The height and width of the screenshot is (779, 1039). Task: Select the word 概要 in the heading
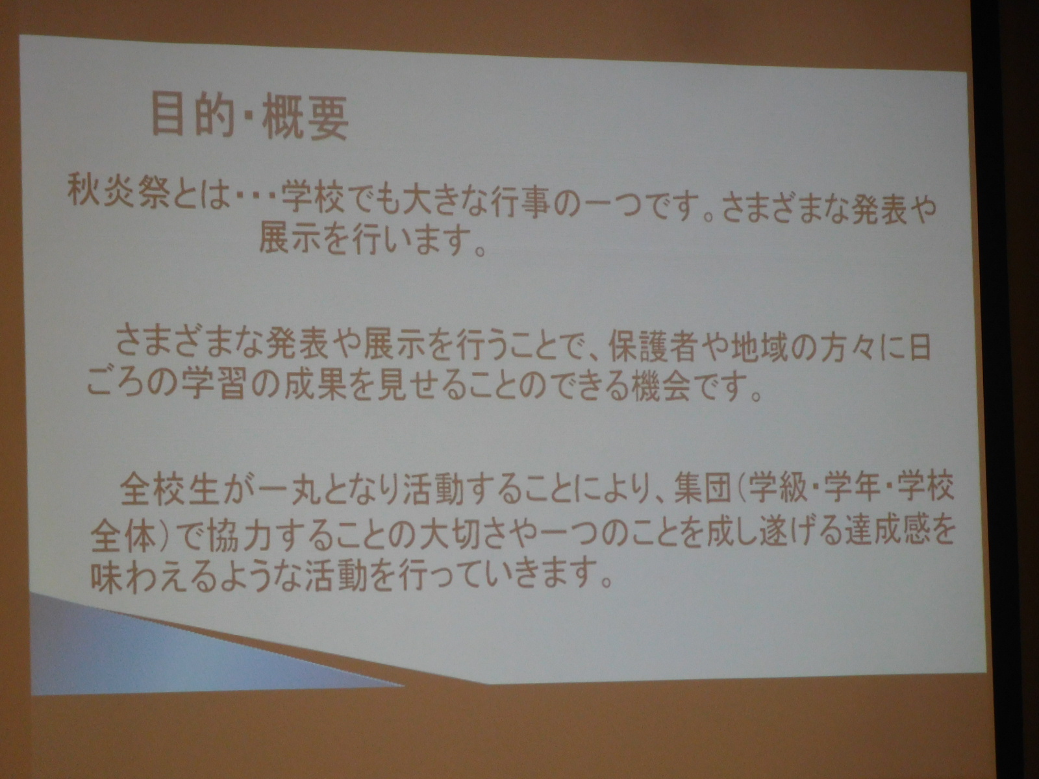305,118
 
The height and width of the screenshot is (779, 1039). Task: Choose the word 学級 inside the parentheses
783,491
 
